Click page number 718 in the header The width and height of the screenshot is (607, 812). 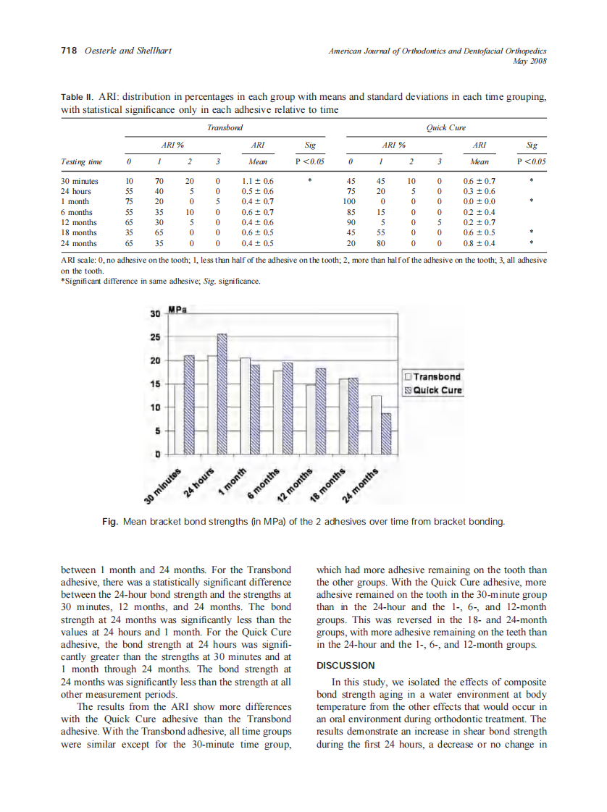tap(68, 51)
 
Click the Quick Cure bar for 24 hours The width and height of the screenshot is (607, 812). tap(222, 394)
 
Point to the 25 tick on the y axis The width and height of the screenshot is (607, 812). tap(154, 337)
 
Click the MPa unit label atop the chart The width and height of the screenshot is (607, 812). tap(177, 310)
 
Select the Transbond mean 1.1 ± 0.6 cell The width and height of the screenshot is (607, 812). tap(256, 181)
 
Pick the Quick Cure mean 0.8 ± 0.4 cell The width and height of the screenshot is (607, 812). tap(479, 243)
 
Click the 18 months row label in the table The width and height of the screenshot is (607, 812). tap(80, 233)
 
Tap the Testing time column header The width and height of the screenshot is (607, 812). tap(81, 162)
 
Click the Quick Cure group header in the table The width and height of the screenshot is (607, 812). tap(445, 127)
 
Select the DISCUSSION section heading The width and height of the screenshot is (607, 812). tap(346, 665)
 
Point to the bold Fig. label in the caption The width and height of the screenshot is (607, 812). tap(112, 521)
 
